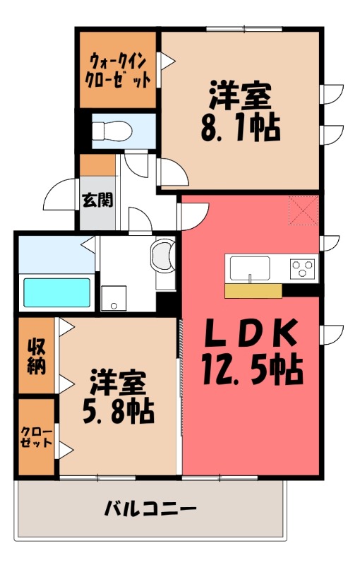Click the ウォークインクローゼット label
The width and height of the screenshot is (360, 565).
[119, 69]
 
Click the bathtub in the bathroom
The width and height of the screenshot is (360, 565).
[56, 291]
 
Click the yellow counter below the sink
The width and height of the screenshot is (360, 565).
[253, 290]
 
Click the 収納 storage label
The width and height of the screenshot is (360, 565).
[37, 355]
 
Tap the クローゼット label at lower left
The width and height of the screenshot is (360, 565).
[36, 436]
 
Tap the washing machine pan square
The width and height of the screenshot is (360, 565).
[112, 297]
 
